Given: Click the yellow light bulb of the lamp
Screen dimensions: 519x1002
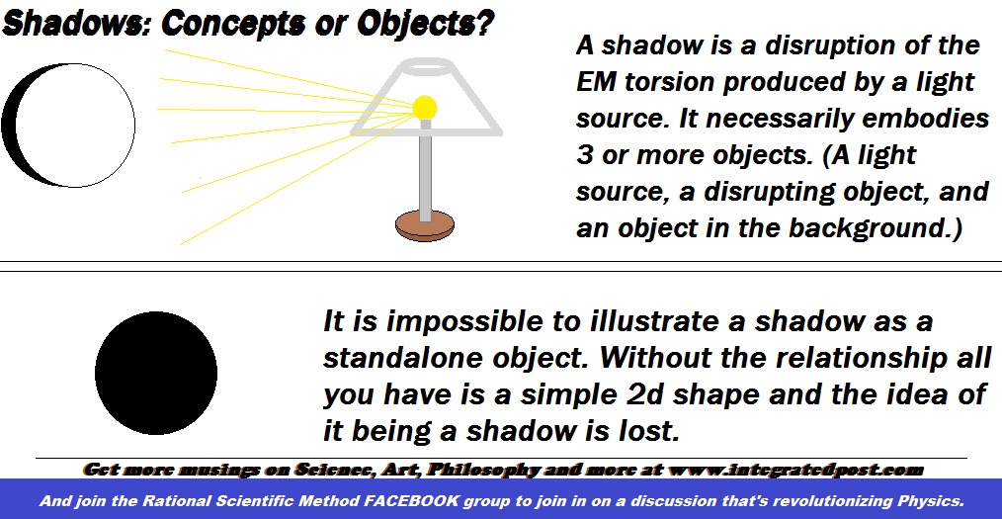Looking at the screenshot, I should pyautogui.click(x=424, y=106).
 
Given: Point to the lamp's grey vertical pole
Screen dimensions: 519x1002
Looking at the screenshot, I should pyautogui.click(x=425, y=168).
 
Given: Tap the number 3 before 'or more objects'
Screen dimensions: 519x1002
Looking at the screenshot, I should pyautogui.click(x=584, y=155).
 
